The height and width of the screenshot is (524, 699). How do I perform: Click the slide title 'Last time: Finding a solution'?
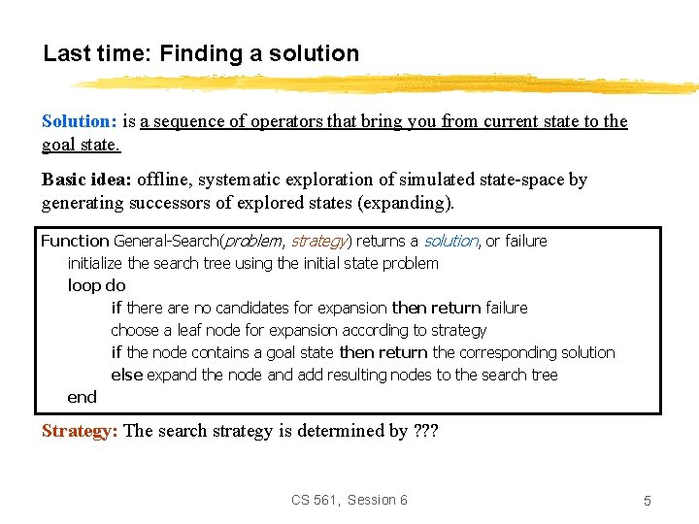click(x=201, y=53)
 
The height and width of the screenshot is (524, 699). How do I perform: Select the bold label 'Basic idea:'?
click(x=86, y=180)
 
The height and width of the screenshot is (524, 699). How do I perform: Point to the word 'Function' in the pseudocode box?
click(x=75, y=241)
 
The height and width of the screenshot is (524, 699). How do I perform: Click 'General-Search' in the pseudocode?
click(x=167, y=241)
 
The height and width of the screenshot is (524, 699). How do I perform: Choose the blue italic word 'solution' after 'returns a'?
click(x=450, y=241)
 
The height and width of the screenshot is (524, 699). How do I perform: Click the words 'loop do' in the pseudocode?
click(x=96, y=285)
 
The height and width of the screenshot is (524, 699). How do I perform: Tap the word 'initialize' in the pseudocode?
click(x=95, y=263)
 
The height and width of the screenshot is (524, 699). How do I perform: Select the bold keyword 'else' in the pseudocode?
click(x=126, y=375)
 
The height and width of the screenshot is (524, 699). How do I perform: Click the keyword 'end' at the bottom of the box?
click(x=82, y=397)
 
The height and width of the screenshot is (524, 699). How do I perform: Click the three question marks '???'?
click(x=425, y=431)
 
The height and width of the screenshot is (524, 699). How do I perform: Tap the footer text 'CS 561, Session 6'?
click(x=349, y=500)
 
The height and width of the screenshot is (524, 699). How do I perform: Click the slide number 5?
click(x=647, y=501)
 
